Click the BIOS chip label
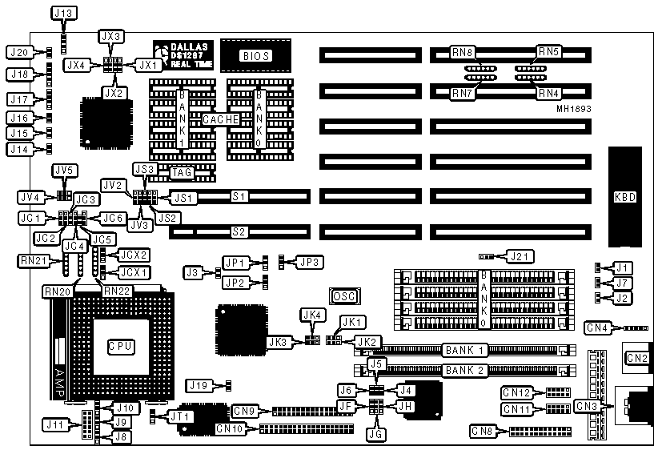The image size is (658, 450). (255, 55)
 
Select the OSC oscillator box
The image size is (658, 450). (343, 296)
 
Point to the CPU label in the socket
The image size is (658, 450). (120, 346)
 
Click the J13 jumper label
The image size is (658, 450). (62, 14)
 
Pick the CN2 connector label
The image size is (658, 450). (636, 357)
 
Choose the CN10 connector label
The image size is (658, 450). (230, 429)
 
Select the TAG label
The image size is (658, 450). (182, 171)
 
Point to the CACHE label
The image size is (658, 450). (220, 119)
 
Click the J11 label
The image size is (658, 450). (55, 424)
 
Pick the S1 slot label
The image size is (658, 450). (239, 195)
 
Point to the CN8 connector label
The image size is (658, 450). (483, 432)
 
